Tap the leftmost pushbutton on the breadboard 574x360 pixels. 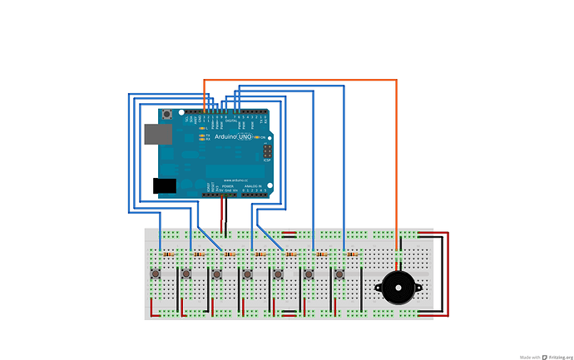156,274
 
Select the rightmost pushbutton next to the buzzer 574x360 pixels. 339,274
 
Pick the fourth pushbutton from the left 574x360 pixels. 248,274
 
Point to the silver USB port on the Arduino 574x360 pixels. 152,133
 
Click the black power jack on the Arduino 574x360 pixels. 164,185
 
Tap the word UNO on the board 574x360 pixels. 245,136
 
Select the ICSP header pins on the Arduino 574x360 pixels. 266,152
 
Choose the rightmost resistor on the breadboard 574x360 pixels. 351,253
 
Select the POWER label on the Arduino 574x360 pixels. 216,186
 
